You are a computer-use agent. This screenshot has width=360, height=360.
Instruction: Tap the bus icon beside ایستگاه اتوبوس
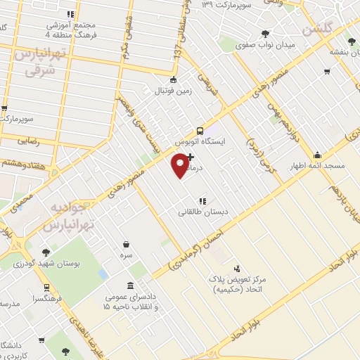click(x=200, y=130)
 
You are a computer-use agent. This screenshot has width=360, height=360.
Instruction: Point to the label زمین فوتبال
click(x=174, y=90)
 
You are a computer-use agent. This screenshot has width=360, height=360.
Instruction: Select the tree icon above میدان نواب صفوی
click(x=265, y=33)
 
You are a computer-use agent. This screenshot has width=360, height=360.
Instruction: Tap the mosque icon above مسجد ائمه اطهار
click(x=318, y=155)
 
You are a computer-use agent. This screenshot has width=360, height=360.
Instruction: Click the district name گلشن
click(x=316, y=30)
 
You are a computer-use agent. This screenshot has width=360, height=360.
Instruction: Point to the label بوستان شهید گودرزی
click(x=46, y=264)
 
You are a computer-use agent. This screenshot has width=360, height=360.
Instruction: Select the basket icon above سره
click(x=126, y=245)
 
